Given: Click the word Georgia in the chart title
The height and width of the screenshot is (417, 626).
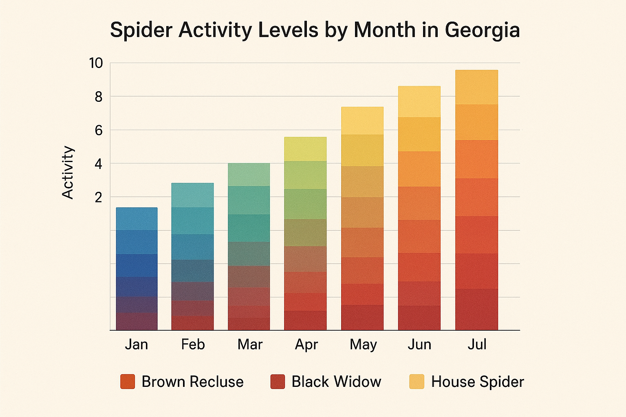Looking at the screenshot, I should (482, 31).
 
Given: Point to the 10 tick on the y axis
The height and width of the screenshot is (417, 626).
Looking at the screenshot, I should (96, 63).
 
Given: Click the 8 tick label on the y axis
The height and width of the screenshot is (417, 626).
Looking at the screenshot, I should (98, 97).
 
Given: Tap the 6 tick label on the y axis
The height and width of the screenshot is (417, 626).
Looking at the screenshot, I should (98, 130).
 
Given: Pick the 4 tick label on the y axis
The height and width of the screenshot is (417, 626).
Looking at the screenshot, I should (98, 164).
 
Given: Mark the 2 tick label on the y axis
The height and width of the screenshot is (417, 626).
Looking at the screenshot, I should (98, 198).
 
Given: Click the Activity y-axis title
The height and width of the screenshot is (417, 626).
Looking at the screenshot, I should (68, 172).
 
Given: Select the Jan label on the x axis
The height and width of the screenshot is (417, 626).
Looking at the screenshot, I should (136, 345).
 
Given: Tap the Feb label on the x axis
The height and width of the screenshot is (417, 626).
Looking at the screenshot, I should (193, 345).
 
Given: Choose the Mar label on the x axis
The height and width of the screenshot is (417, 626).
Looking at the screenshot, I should (250, 345).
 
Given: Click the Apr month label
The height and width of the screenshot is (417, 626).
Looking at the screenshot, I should (306, 345).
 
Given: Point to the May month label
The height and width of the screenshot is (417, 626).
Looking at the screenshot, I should (363, 345).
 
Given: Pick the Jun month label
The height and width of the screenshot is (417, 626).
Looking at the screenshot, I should (419, 345).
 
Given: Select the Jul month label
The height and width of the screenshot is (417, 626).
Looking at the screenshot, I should (477, 345).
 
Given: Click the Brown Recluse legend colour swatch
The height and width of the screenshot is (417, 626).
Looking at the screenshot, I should (128, 382).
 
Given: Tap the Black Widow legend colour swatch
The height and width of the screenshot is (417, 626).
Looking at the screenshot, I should (278, 382).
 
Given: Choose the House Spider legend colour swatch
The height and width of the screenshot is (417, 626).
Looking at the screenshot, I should (417, 382).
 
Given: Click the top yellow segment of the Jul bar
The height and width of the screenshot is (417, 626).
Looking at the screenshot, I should (476, 87).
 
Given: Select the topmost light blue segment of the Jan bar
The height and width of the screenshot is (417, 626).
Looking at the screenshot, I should (137, 219).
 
